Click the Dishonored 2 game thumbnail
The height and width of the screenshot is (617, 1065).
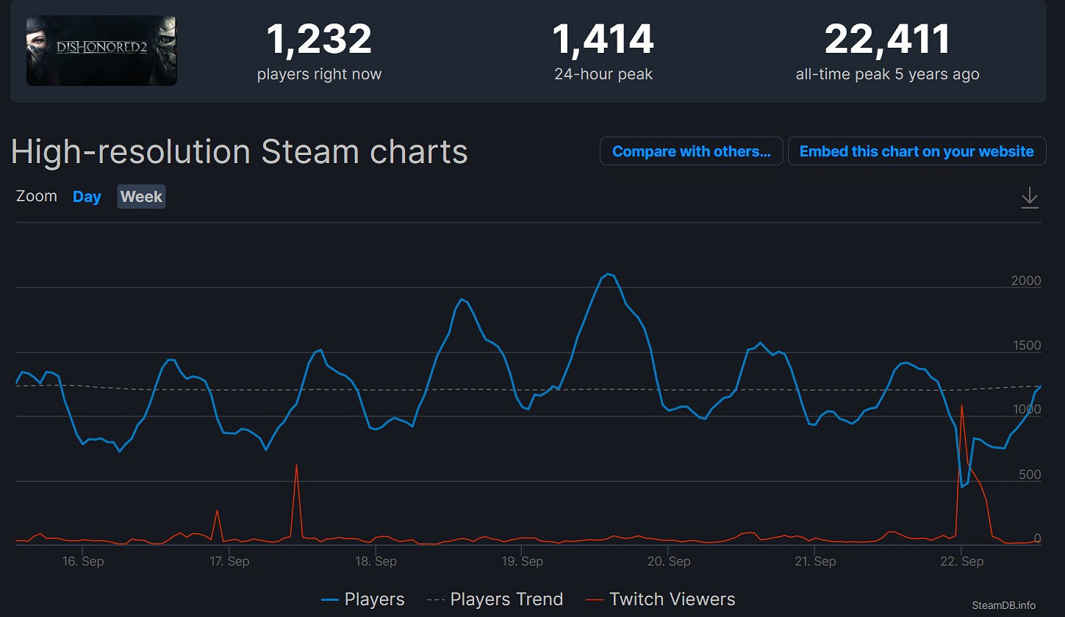click(101, 51)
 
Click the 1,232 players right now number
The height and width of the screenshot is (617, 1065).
click(319, 40)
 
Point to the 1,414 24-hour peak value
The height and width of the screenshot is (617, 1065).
click(603, 40)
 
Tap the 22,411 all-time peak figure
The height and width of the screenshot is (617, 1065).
click(887, 40)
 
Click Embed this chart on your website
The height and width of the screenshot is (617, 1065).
click(917, 151)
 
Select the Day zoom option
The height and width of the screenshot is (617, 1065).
click(87, 197)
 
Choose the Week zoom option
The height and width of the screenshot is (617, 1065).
click(141, 197)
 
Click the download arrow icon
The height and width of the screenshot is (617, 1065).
click(1030, 197)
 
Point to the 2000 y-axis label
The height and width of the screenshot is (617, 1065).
click(1026, 281)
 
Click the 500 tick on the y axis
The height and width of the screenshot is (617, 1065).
click(1029, 475)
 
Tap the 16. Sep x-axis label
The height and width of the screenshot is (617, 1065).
click(82, 562)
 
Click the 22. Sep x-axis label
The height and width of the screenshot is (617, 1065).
click(961, 562)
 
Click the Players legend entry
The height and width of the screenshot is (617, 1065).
click(363, 600)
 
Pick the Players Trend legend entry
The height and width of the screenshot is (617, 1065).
click(495, 600)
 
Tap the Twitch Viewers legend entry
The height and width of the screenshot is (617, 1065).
click(660, 600)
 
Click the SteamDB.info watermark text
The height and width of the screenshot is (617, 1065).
click(1003, 605)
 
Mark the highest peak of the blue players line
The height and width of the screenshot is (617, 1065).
click(608, 274)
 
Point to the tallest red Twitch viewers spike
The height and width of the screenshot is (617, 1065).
click(961, 405)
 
